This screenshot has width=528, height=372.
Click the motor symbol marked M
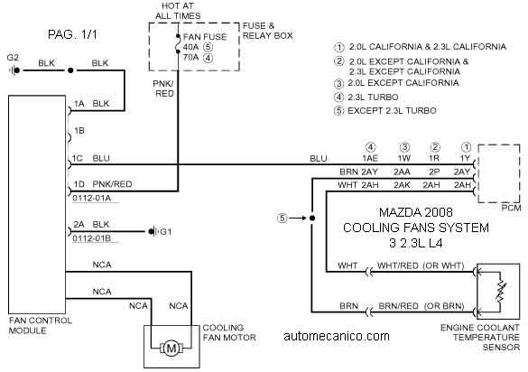(171, 348)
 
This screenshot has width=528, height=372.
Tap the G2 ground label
(13, 58)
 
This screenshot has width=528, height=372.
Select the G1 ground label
(166, 232)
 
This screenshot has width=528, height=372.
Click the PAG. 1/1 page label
(72, 34)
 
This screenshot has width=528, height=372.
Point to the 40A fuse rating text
(190, 47)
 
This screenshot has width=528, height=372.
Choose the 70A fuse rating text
(190, 57)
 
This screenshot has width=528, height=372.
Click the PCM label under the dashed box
(511, 208)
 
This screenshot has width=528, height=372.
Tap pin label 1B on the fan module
(79, 131)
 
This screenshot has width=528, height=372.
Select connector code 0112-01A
(91, 198)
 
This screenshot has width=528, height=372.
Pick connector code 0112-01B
(91, 238)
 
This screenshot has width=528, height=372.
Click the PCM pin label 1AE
(370, 158)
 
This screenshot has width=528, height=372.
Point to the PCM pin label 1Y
(465, 158)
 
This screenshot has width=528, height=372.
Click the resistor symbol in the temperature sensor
(501, 291)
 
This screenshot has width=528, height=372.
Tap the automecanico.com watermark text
(337, 336)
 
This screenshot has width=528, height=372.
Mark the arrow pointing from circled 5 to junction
(297, 218)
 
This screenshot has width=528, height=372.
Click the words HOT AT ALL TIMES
(178, 11)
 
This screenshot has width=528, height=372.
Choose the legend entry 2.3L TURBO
(373, 97)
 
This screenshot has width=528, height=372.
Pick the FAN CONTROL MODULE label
(41, 325)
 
